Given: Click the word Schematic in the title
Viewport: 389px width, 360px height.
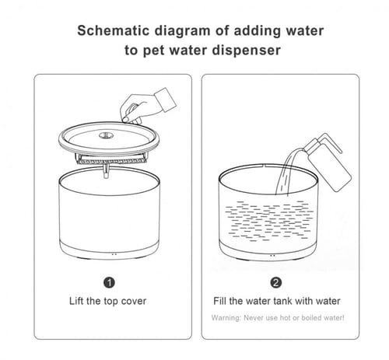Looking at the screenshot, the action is coord(114,31).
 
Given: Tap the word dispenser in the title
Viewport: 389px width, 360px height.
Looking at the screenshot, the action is coord(247,51).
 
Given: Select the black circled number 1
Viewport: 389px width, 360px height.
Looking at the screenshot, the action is coord(109,282).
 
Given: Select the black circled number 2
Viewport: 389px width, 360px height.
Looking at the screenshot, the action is coord(275,282).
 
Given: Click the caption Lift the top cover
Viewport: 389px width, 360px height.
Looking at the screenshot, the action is coord(107,301).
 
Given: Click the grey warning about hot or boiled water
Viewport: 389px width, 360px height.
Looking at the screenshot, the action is coord(278,318).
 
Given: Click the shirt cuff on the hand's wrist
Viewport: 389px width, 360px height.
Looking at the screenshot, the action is coord(166,100).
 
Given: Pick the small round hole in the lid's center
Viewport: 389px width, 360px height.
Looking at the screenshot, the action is coord(106,135).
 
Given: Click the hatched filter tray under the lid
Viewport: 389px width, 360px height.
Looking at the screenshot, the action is coord(112,161).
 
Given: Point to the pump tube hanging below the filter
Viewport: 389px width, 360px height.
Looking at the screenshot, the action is coord(106,171).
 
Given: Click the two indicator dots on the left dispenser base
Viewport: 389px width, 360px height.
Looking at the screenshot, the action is coord(114,254).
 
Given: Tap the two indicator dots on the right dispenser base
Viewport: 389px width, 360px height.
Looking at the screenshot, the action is coord(272,256).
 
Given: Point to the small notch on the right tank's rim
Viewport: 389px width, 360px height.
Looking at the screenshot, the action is coord(264,166).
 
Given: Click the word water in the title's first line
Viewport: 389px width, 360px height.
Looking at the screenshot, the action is coord(305,30).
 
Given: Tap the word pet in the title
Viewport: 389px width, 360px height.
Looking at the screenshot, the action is coord(154,51).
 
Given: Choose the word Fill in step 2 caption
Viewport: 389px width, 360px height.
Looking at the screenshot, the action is coord(220,301).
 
